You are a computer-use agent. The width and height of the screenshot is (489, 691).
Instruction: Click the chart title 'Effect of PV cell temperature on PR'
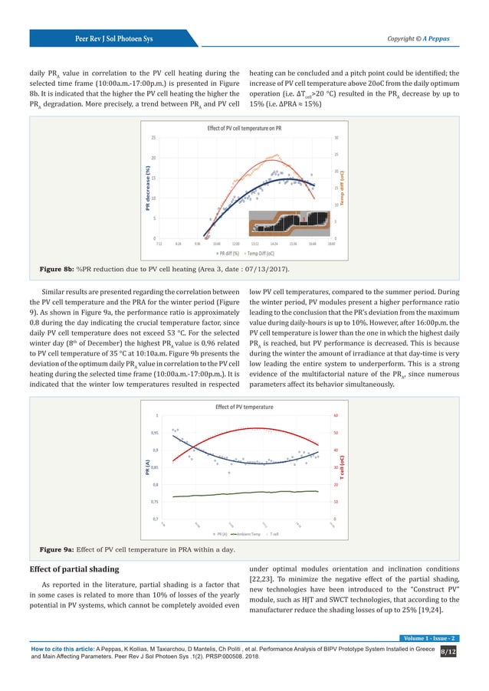[244, 128]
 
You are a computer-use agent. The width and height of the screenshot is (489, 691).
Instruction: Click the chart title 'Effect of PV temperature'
[244, 406]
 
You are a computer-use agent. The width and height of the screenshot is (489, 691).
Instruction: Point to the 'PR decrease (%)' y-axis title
[145, 188]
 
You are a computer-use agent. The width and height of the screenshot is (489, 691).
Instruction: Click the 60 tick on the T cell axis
[334, 416]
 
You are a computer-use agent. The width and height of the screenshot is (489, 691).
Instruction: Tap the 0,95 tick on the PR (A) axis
[154, 433]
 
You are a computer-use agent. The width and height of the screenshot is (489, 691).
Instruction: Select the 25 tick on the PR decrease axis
[154, 138]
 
